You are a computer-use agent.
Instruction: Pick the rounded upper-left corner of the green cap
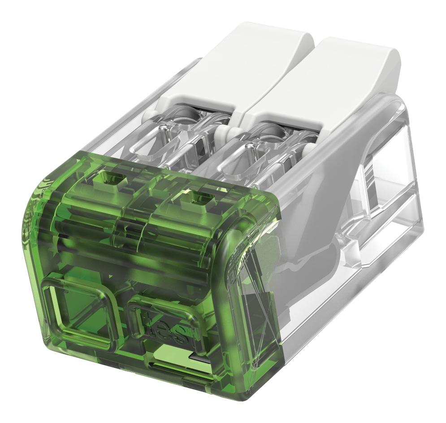coord(40,188)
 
